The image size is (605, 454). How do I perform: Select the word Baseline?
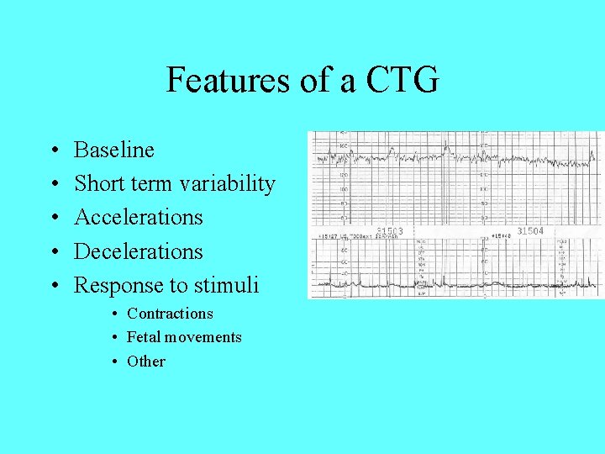pos(114,150)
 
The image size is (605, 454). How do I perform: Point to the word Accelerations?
pos(139,217)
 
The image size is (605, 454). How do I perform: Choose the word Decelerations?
pos(139,251)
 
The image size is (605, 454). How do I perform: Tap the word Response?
pos(119,285)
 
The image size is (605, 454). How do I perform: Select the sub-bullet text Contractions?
pos(170,314)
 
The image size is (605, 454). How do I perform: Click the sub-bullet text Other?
pos(146,362)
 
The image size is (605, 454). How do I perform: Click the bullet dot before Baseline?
pos(53,151)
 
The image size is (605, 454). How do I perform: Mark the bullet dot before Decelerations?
pos(53,252)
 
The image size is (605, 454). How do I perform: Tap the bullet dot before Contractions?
pos(113,314)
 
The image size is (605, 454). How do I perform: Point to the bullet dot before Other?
pos(113,362)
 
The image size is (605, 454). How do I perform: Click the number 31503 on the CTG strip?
pos(390,231)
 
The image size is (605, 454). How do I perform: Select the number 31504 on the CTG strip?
pos(530,230)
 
